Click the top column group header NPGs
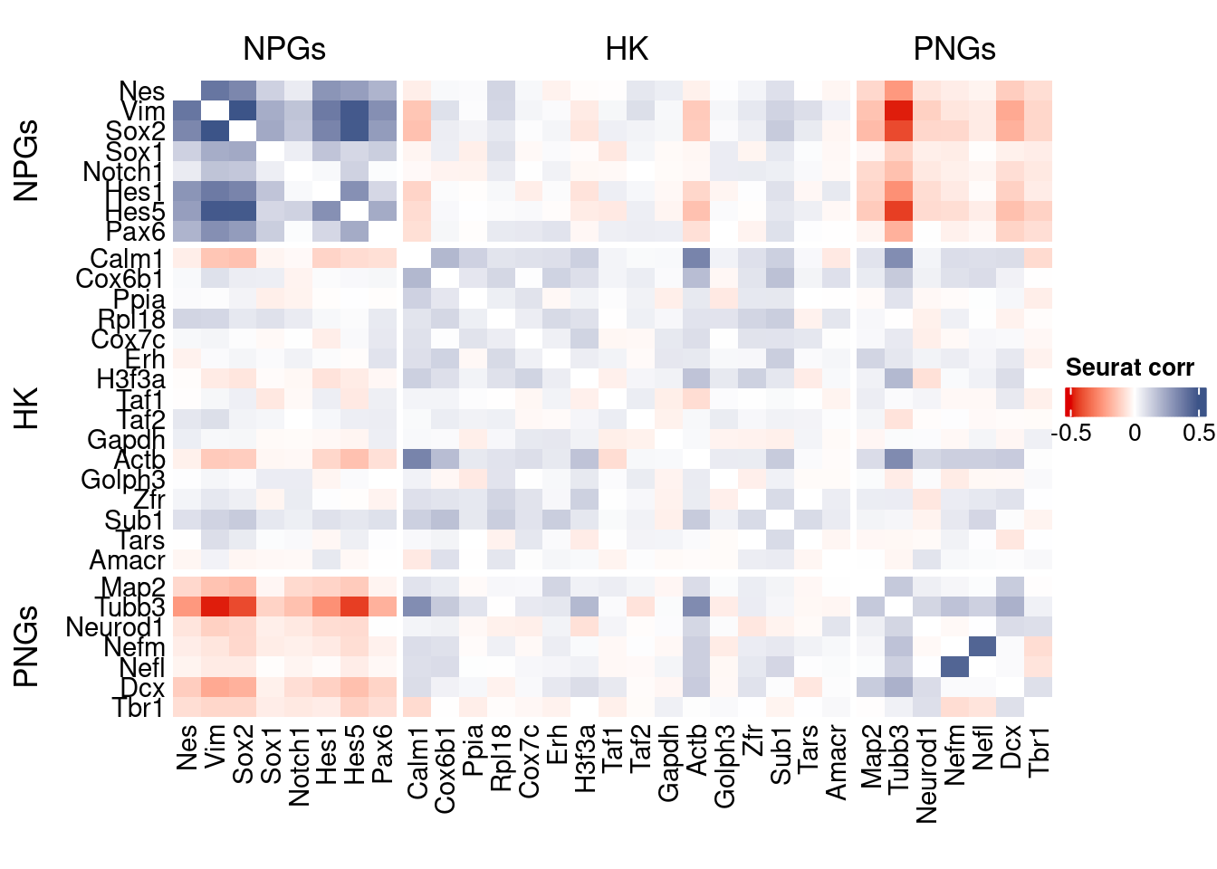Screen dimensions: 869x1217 click(x=283, y=49)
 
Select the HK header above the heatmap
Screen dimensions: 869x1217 click(x=627, y=49)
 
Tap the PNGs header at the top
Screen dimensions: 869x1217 click(x=954, y=49)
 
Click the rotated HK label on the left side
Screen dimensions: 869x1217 click(x=27, y=407)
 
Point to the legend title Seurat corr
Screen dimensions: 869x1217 click(x=1129, y=368)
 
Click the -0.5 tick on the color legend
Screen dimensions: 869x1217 click(x=1071, y=433)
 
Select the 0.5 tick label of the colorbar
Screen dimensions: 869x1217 click(x=1199, y=433)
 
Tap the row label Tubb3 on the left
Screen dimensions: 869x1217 click(x=130, y=607)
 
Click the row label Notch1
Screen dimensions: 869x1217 click(x=123, y=172)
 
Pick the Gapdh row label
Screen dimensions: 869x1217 click(x=126, y=440)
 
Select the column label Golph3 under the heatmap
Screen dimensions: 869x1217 click(x=724, y=766)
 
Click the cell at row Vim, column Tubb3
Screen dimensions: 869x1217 click(x=897, y=110)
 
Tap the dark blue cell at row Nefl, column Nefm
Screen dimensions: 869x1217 click(x=953, y=666)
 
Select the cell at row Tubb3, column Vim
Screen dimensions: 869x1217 click(x=215, y=606)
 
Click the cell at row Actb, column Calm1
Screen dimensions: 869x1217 click(x=417, y=460)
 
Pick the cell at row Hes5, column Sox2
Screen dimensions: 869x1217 click(x=243, y=211)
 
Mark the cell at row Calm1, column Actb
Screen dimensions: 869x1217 click(x=695, y=259)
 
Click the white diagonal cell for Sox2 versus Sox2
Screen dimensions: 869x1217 click(x=243, y=130)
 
